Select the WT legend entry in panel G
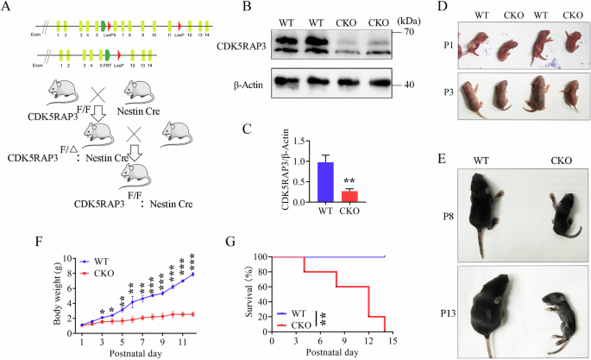[286, 314]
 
